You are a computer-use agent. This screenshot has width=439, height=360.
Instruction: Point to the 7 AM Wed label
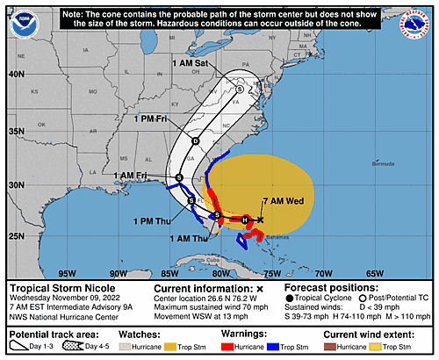[283, 201]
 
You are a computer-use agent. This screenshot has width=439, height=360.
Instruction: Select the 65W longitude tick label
[374, 273]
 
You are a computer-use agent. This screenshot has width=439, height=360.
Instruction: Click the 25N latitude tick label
[15, 235]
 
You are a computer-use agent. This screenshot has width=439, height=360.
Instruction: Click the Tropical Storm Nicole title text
[61, 287]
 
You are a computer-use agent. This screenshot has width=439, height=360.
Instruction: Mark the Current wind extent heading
[383, 335]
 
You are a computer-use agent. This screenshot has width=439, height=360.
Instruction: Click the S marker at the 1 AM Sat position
[240, 88]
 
